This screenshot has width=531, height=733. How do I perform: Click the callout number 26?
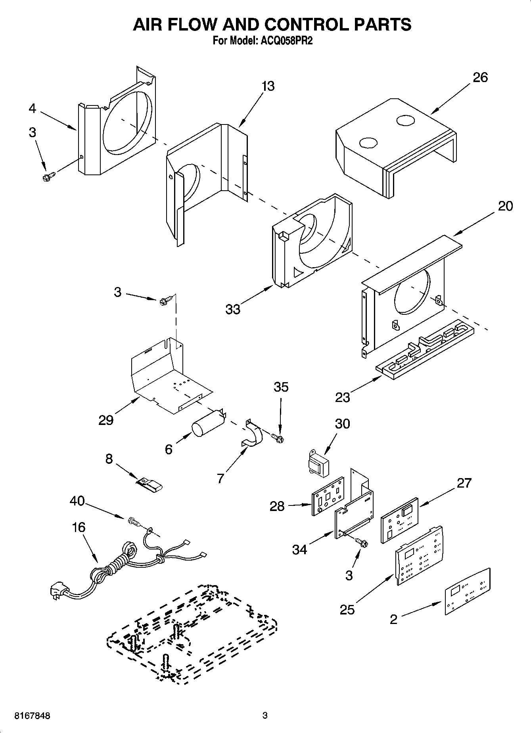point(480,77)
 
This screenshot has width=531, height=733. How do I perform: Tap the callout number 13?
point(268,86)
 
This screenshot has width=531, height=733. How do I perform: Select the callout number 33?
point(233,309)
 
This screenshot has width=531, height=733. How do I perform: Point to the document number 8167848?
point(32,716)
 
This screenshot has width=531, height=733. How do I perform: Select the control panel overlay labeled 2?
point(467,591)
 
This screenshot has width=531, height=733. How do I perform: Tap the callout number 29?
point(106,420)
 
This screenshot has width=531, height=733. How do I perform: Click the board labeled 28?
point(328,495)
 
